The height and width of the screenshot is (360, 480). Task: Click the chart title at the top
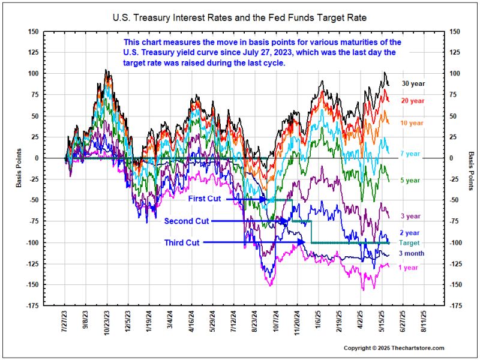coord(239,18)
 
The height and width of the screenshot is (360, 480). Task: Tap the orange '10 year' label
coord(411,122)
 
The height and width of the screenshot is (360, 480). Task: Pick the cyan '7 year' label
coord(410,154)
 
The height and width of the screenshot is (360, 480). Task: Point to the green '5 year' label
coord(410,180)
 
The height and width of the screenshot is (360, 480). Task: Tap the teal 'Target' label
coord(410,243)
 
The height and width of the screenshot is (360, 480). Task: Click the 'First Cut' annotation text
coord(206,199)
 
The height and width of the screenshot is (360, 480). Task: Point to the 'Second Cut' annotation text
coord(187,221)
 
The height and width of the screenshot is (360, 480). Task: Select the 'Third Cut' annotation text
coord(182,243)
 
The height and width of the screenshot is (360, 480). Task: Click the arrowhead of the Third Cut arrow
coord(304,242)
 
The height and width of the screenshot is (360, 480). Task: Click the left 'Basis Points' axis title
coord(19,168)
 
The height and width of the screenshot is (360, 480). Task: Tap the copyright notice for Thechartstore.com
coord(394,348)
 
